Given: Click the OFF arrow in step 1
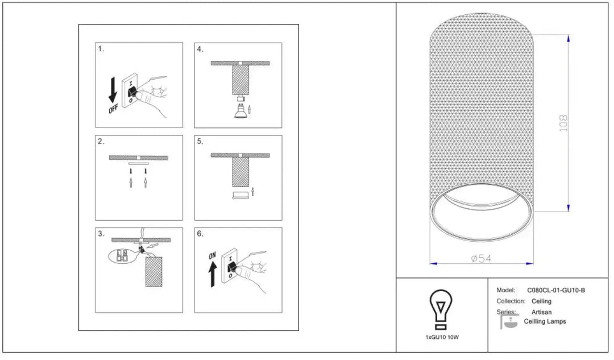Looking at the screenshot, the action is pos(113,90).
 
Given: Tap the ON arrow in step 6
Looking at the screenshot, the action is pos(213,274).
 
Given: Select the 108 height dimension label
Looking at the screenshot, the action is pos(563,123).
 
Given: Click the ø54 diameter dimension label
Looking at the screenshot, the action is pos(481,258).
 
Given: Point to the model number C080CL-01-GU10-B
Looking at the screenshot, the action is pos(555,290).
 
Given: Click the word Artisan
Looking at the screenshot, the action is pos(541,312).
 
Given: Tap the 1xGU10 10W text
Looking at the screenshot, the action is pos(442,337).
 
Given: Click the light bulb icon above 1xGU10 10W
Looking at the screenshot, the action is pos(441,309).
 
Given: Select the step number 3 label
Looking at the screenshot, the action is pos(101,234).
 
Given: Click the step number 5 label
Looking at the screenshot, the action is pos(200,142).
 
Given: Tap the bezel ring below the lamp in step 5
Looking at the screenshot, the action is pos(240,195).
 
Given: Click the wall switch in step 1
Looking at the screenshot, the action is pos(130,91).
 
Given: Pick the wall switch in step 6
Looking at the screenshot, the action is pos(230,265).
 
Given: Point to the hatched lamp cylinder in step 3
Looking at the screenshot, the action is pos(153,272).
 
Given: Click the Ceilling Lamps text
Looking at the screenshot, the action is pos(545,321).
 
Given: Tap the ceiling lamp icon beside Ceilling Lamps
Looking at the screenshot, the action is pos(509,320).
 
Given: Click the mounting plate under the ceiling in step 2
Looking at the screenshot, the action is pos(139,163).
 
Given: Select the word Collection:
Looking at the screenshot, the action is pos(511,301).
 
